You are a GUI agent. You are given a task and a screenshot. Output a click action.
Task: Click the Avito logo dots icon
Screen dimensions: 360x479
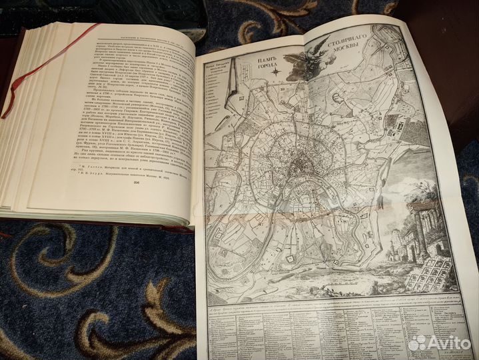(417, 343)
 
